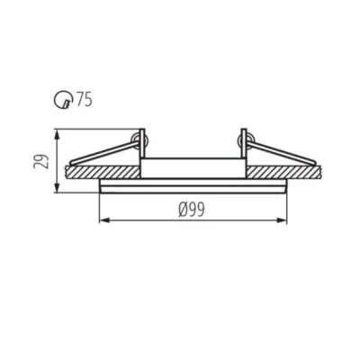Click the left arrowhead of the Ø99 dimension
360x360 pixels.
pos(99,219)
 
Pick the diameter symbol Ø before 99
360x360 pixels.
pos(183,209)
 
